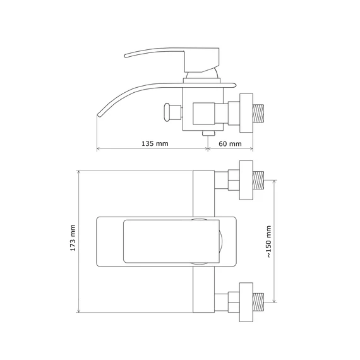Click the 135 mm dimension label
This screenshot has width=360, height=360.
click(155, 144)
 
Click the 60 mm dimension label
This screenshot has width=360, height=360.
click(230, 144)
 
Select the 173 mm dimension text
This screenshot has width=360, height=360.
click(73, 238)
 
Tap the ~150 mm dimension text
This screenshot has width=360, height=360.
click(269, 241)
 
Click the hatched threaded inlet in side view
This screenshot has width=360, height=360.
click(258, 113)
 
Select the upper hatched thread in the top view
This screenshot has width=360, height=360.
click(258, 180)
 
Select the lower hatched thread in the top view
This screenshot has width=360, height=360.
click(258, 302)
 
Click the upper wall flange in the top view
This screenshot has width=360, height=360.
click(246, 180)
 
